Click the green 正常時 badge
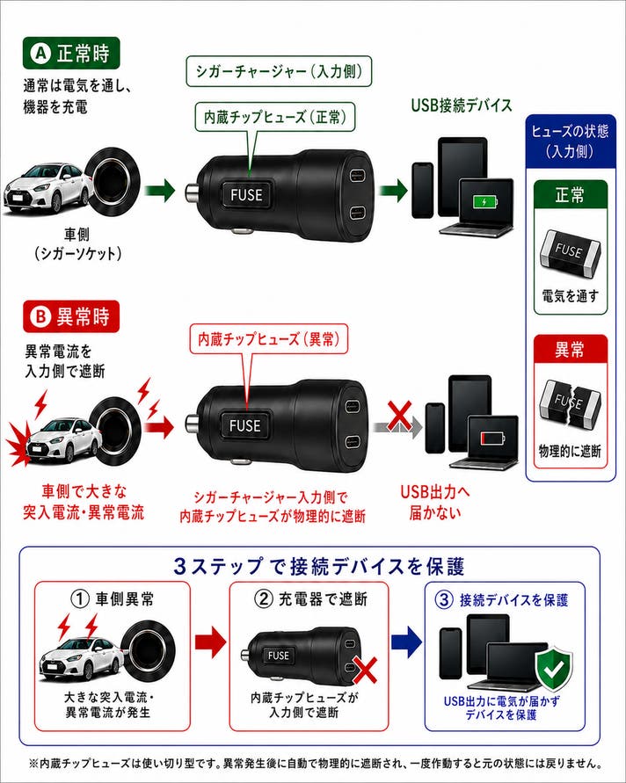[71, 53]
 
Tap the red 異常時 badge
[71, 316]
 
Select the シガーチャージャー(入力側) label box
[279, 71]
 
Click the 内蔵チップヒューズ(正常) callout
[275, 118]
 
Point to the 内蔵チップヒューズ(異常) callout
[269, 339]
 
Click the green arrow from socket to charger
[160, 191]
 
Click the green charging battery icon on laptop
[485, 202]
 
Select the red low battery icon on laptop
[492, 439]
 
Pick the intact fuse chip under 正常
[570, 253]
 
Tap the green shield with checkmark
[553, 668]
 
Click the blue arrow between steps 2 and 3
[407, 642]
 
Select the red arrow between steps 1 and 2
[210, 642]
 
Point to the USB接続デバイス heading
[462, 105]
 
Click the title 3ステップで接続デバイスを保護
[319, 566]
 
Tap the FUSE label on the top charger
[246, 194]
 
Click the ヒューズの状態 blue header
[570, 141]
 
